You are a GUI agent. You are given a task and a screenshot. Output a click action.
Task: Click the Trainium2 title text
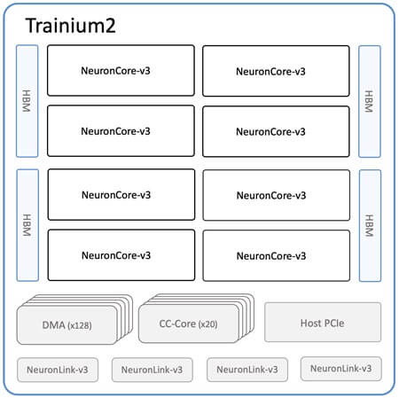point(70,26)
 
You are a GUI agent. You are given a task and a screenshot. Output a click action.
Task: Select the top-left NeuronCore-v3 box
point(121,71)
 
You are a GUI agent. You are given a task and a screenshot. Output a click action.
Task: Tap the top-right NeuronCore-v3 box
point(276,71)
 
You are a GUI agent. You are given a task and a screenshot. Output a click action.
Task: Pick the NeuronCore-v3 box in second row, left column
point(121,131)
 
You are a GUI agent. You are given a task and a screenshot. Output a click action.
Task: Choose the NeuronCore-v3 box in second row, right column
point(276,131)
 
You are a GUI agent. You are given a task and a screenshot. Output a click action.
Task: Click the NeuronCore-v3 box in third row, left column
point(121,195)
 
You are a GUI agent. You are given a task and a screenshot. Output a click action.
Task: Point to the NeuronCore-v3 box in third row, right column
point(277,195)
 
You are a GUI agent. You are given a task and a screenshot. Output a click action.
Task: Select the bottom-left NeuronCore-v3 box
point(121,255)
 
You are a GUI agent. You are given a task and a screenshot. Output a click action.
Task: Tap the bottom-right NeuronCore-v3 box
point(277,255)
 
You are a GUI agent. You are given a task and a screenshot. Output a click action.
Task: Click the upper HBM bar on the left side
point(27,101)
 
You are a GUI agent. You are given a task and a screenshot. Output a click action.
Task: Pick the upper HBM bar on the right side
point(370,101)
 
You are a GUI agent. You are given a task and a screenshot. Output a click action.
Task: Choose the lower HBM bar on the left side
point(27,225)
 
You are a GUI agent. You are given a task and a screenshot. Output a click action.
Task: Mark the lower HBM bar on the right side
point(370,226)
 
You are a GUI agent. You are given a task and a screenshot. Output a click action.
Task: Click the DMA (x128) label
point(67,325)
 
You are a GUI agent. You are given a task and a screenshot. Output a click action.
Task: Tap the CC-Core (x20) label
point(189,324)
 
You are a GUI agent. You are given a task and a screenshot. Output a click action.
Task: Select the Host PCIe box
point(323,322)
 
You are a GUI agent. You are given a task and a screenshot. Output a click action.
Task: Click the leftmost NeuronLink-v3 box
point(58,370)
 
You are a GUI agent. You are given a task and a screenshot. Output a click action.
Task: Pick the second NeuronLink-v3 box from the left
point(153,370)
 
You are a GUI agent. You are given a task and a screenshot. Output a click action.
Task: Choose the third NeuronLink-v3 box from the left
point(247,370)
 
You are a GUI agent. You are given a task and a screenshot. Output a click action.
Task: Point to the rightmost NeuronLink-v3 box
point(341,369)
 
